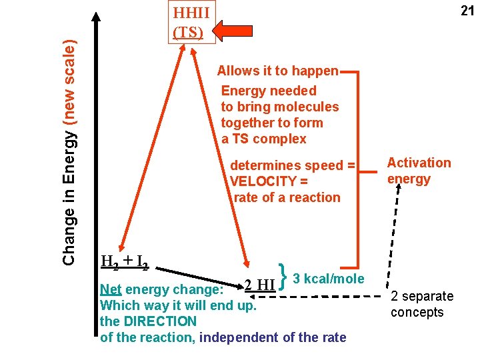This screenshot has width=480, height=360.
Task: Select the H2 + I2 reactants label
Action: click(x=124, y=261)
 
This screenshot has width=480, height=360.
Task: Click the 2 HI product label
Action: click(x=259, y=285)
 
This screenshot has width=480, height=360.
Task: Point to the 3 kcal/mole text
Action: click(x=329, y=279)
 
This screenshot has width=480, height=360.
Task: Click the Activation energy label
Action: click(x=419, y=171)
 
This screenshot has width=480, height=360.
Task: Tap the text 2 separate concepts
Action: click(x=421, y=304)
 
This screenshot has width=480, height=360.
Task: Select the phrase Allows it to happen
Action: click(x=278, y=71)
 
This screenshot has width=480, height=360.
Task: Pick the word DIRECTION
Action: click(x=159, y=321)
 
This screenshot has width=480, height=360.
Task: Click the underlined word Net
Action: click(x=110, y=290)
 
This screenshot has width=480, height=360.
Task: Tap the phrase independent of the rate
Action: click(x=273, y=337)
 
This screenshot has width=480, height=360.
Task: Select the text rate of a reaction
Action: click(x=287, y=197)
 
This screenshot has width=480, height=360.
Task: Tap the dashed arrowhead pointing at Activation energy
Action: click(x=398, y=189)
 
